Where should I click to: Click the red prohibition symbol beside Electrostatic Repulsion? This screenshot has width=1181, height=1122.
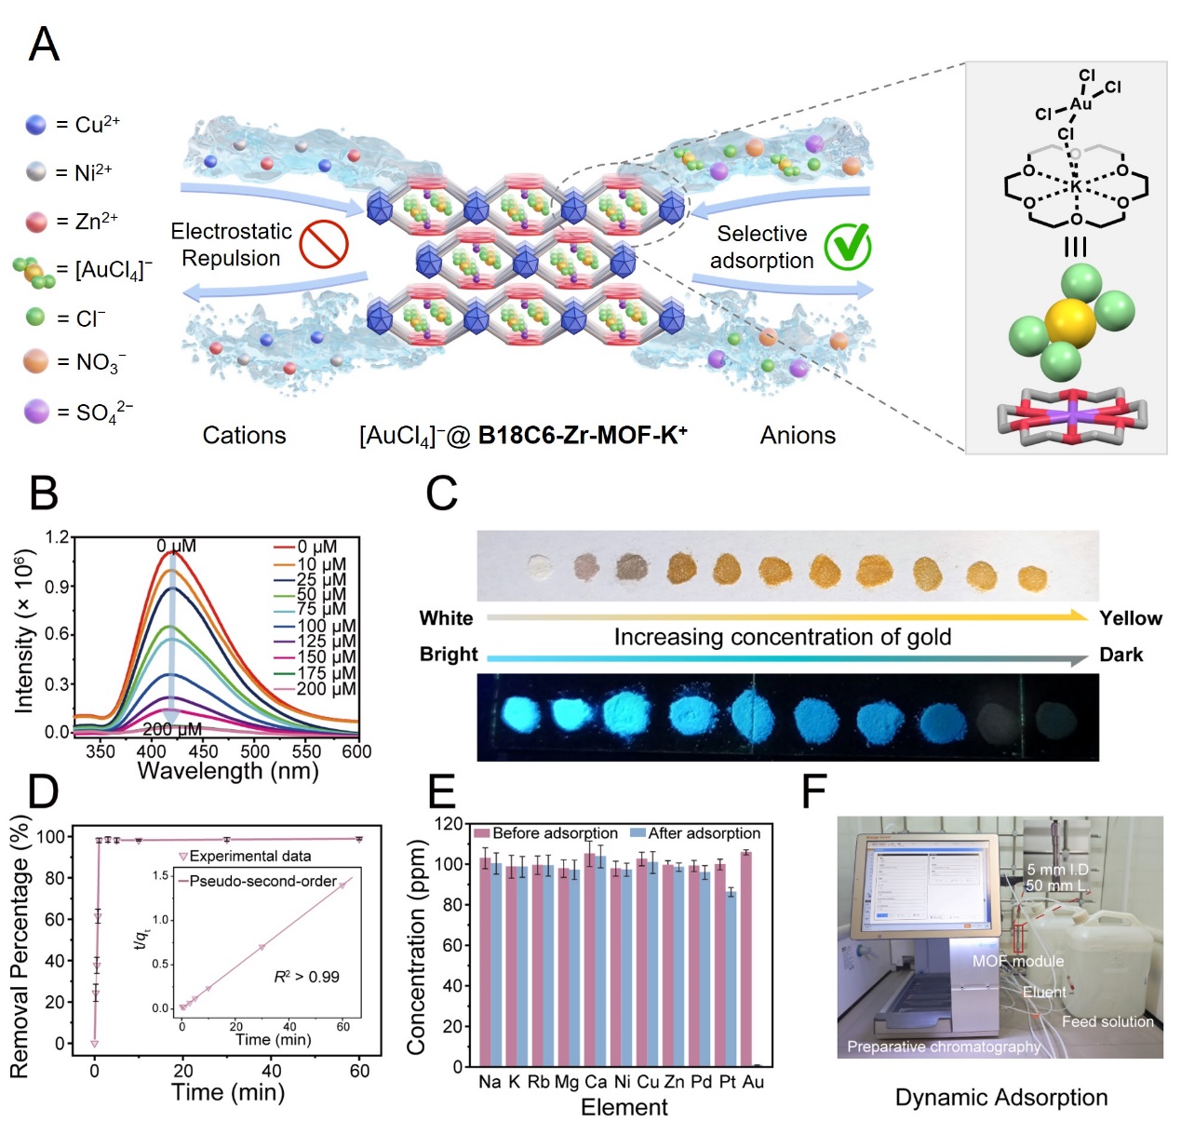tap(324, 245)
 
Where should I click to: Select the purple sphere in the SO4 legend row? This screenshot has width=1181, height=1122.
tap(36, 412)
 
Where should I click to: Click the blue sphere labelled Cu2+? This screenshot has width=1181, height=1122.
tap(36, 125)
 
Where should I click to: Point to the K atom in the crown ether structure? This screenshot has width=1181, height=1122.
tap(1075, 186)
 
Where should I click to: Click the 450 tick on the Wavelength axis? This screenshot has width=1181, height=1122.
tap(203, 751)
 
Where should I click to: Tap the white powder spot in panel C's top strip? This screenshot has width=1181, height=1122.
tap(539, 567)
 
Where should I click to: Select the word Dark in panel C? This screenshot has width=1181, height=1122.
tap(1121, 655)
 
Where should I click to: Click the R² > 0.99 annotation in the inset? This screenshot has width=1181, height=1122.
tap(306, 977)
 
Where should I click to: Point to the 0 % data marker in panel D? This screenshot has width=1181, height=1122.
tap(94, 1044)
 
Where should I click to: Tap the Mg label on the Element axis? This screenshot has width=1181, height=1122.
tap(567, 1082)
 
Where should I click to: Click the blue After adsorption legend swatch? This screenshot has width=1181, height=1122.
tap(637, 833)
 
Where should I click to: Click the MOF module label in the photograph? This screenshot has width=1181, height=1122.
tap(1018, 962)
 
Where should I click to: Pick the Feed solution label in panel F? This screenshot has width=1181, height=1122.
tap(1107, 1021)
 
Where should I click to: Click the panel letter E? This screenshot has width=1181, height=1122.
tap(441, 792)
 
